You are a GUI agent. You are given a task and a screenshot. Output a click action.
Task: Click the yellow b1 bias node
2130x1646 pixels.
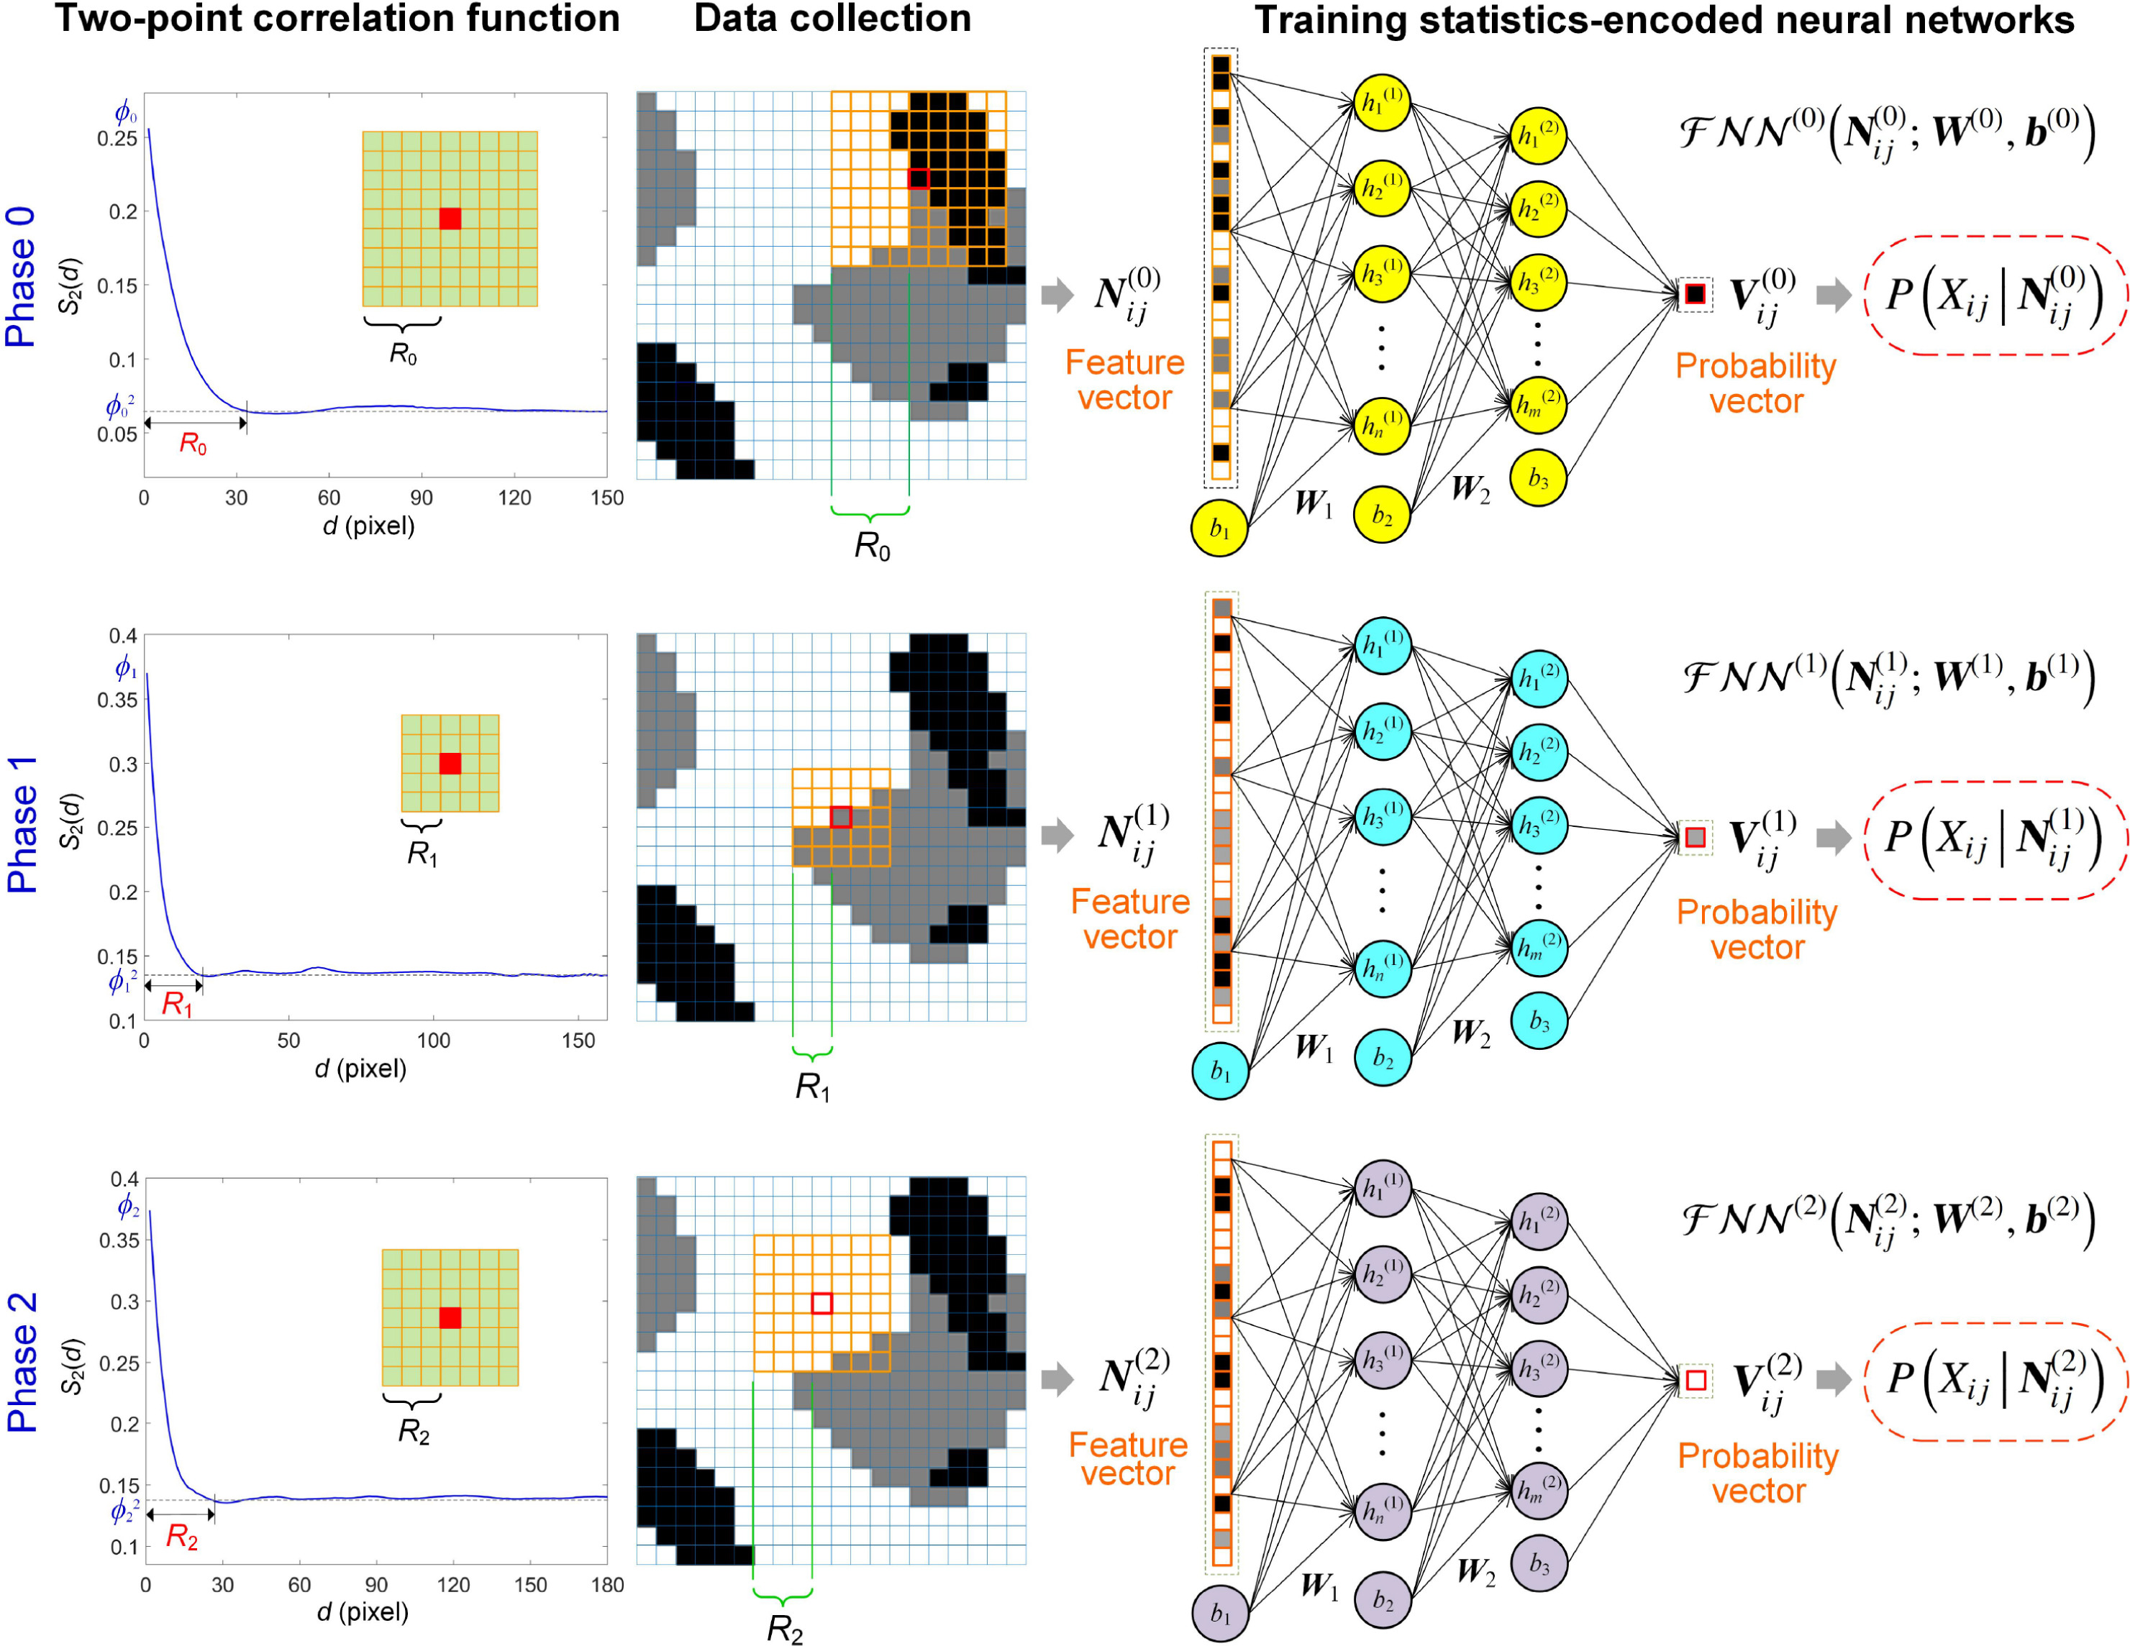[x=1219, y=529]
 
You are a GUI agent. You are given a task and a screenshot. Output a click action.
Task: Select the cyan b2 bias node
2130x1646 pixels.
[x=1383, y=1057]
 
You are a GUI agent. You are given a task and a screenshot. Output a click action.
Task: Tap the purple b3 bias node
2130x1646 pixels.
[x=1539, y=1563]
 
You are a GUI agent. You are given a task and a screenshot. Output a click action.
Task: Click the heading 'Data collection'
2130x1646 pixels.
[x=832, y=19]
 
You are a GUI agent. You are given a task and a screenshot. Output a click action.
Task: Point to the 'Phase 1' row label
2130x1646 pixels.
[x=22, y=824]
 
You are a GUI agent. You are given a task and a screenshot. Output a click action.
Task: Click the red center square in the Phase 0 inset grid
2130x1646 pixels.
[x=450, y=219]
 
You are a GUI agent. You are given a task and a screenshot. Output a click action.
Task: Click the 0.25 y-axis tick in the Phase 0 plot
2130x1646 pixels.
[x=117, y=139]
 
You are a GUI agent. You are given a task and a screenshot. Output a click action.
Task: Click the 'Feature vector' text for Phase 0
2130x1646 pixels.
[x=1124, y=380]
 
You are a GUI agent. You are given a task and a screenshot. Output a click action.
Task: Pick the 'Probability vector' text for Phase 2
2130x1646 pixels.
[x=1758, y=1473]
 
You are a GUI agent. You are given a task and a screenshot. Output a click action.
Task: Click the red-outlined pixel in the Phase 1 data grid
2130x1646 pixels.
[x=841, y=817]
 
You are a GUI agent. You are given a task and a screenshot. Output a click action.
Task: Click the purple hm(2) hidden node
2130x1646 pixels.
[x=1539, y=1489]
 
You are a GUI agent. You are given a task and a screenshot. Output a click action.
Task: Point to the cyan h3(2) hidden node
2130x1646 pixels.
[x=1539, y=825]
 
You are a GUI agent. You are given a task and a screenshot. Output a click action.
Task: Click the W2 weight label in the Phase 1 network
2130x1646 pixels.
[x=1470, y=1033]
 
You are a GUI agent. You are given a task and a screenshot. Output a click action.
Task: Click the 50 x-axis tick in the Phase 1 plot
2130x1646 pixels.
[x=288, y=1041]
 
